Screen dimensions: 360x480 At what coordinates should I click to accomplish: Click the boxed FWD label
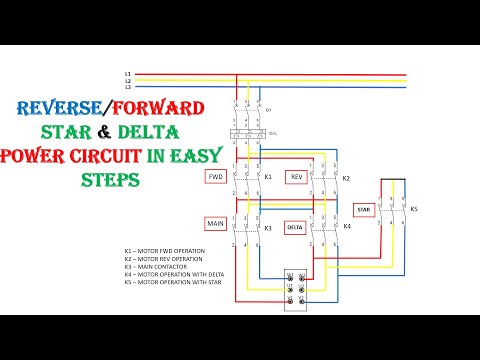click(x=215, y=176)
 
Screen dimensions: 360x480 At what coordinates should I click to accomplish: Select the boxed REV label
click(x=296, y=176)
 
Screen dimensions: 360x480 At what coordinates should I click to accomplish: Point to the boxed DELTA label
click(x=295, y=227)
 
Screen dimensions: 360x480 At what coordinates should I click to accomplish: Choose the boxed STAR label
click(x=364, y=210)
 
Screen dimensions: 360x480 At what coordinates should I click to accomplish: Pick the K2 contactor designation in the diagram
click(x=346, y=178)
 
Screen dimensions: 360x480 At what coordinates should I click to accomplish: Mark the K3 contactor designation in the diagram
click(x=268, y=228)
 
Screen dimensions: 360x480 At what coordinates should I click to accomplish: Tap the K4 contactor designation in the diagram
click(x=347, y=226)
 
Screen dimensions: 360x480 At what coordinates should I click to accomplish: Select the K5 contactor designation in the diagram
click(x=414, y=209)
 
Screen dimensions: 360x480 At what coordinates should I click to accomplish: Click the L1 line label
click(x=128, y=74)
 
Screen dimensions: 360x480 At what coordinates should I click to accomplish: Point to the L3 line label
click(x=128, y=87)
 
